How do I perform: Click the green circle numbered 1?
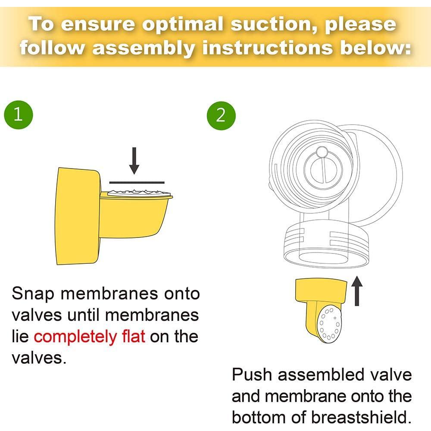coord(18,115)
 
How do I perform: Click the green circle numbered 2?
coord(221,115)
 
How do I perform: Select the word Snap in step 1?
coord(34,294)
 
